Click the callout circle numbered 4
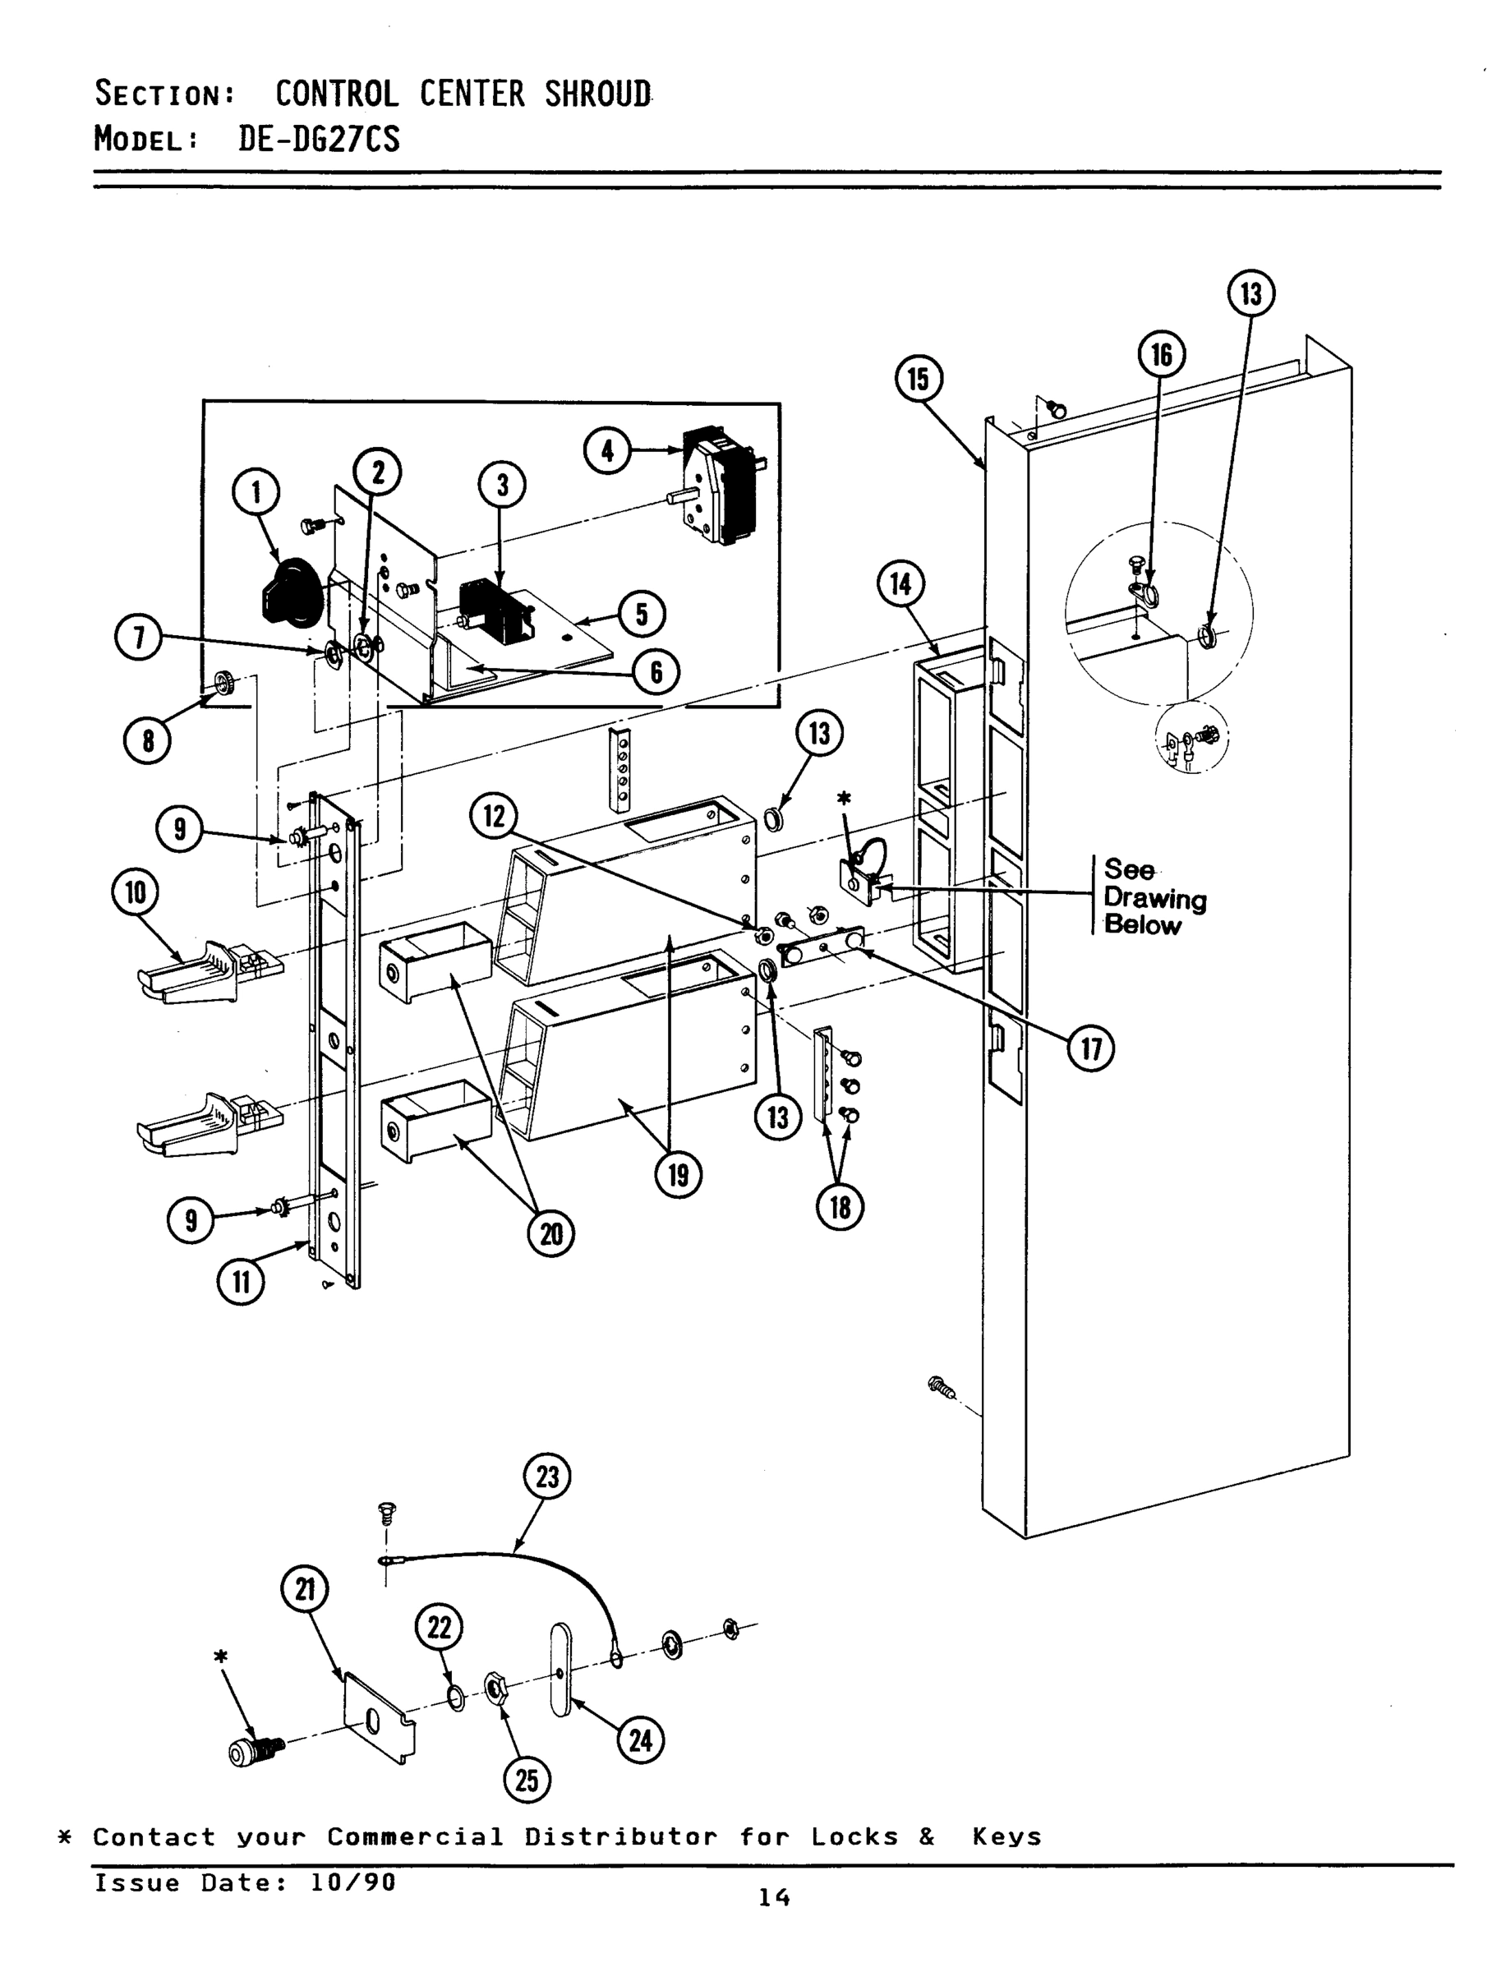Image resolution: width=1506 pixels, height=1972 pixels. coord(608,450)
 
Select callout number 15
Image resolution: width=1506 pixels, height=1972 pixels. coord(919,379)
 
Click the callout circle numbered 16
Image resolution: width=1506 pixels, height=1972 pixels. coord(1161,355)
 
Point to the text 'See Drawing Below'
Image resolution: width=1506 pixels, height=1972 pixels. coord(1154,896)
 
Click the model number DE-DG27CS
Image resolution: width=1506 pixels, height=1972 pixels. coord(319,139)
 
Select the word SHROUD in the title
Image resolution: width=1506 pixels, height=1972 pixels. coord(598,93)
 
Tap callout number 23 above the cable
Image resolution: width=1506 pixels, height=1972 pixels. coord(547,1476)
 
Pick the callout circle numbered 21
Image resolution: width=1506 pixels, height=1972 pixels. coord(305,1589)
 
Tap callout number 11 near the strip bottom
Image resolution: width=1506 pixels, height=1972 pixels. coord(241,1283)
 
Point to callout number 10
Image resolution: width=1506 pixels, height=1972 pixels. coord(136,893)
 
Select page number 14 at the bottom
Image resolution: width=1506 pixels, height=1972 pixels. coord(774,1896)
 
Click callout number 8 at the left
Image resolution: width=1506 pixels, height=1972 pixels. coord(147,740)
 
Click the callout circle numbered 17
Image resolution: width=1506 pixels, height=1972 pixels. coord(1091,1047)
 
